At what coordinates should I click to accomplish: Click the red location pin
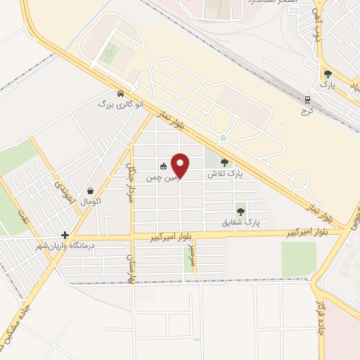tap(181, 165)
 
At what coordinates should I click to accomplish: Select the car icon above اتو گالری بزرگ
tap(120, 94)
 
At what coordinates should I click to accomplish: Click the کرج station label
tap(306, 111)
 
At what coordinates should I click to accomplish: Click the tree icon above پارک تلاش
tap(224, 162)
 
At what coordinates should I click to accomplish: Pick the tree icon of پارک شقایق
tap(241, 210)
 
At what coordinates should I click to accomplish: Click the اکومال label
tap(91, 202)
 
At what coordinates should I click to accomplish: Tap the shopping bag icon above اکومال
tap(91, 191)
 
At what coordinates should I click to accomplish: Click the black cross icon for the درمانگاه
tap(65, 236)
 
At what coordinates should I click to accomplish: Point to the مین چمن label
tap(160, 179)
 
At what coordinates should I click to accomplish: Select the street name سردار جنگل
tap(129, 184)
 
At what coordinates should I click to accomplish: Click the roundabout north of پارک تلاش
tap(223, 139)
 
